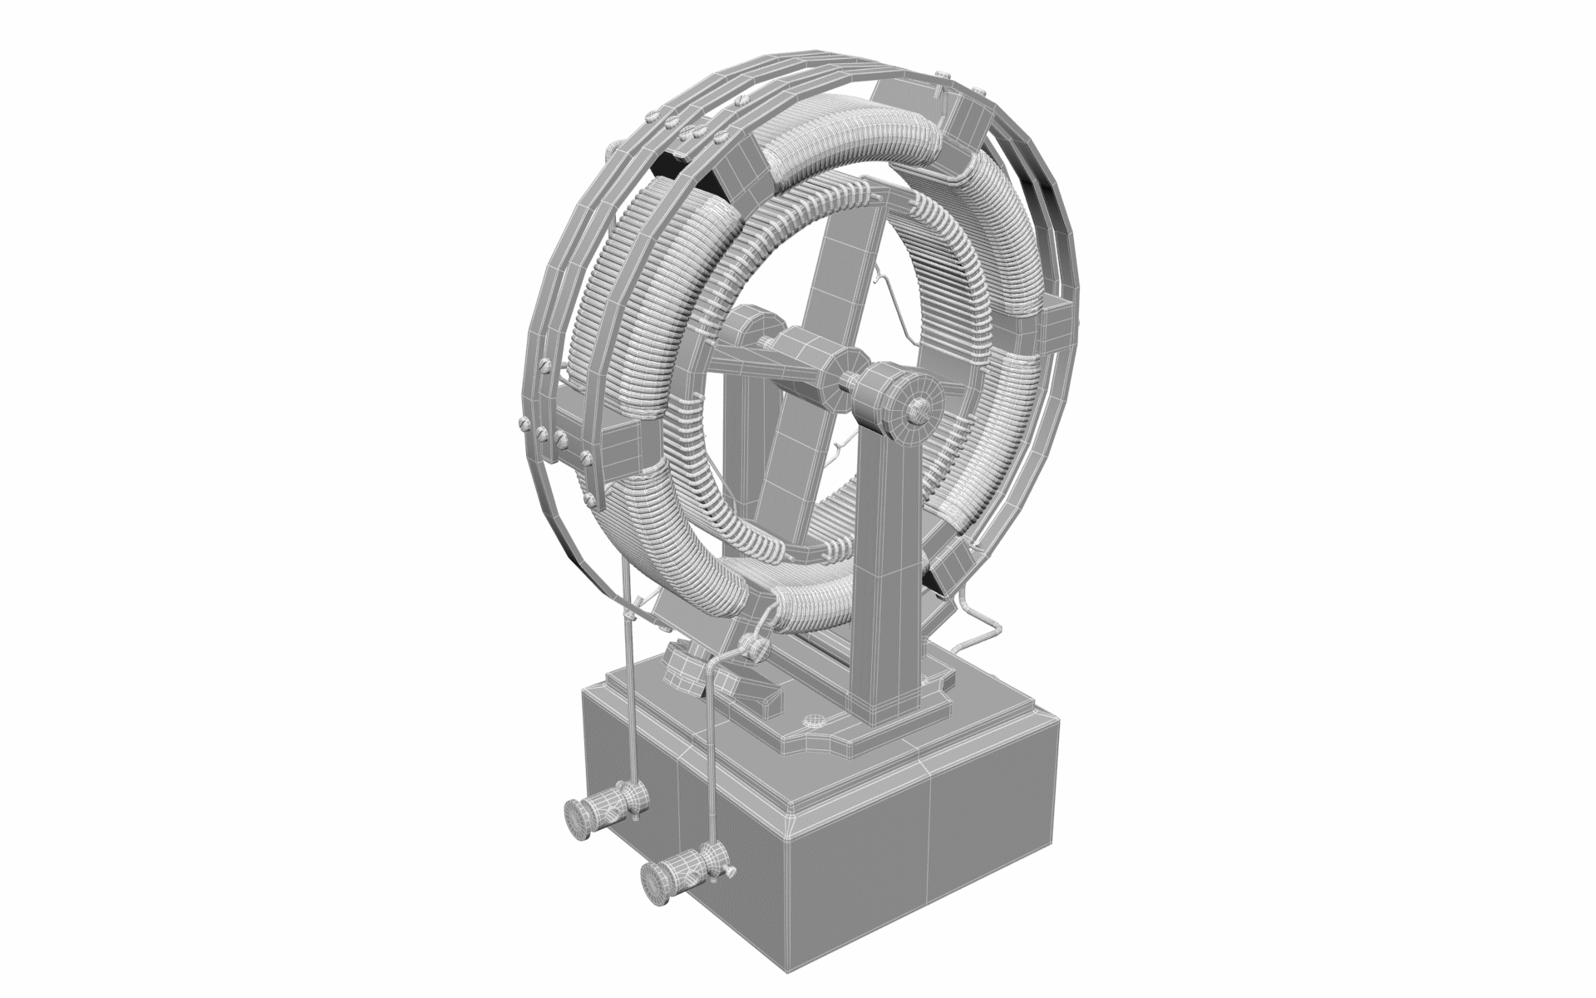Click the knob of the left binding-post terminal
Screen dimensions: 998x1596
click(x=575, y=810)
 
